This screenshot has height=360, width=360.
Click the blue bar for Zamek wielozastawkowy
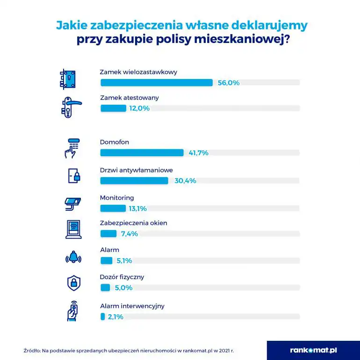(x=157, y=83)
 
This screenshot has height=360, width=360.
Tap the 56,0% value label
(x=229, y=83)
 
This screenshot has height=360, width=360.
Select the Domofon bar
(x=142, y=153)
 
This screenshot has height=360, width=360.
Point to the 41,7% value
(x=198, y=153)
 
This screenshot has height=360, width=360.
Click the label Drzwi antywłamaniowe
(x=137, y=170)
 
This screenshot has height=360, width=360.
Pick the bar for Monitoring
(x=113, y=209)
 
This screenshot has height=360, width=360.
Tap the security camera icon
(x=73, y=202)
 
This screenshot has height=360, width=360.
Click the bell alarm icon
(x=73, y=257)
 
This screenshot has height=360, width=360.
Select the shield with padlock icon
(x=73, y=282)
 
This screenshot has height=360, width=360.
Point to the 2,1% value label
(x=115, y=317)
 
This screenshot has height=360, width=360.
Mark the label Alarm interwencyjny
(x=132, y=306)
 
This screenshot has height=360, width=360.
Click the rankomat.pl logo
(x=313, y=350)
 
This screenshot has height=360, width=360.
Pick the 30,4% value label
(x=185, y=181)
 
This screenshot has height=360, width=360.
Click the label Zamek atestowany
(x=130, y=98)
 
